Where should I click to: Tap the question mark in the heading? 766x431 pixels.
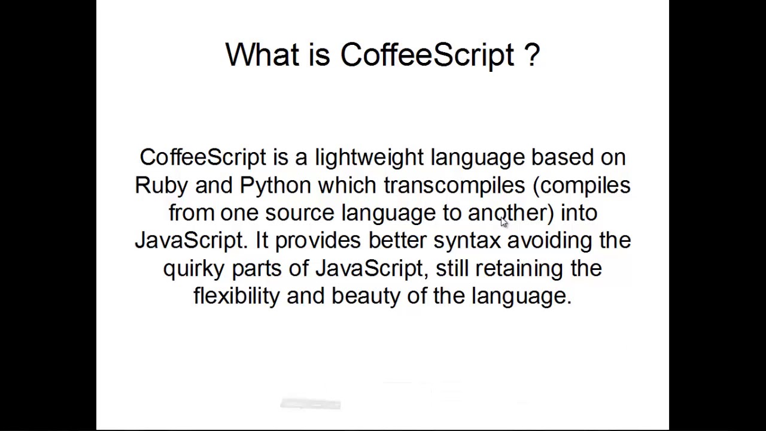(x=532, y=54)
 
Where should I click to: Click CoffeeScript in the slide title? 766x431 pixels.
(x=427, y=55)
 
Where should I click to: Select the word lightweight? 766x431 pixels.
(x=369, y=157)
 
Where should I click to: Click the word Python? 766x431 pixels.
(x=275, y=186)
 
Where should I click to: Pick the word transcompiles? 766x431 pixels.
(x=454, y=186)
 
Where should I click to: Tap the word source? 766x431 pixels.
(x=300, y=213)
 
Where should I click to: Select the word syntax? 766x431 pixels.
(x=467, y=241)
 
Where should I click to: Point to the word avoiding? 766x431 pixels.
(x=549, y=240)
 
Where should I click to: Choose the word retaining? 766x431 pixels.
(x=519, y=268)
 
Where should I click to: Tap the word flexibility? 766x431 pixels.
(x=236, y=296)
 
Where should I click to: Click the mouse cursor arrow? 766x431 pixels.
(x=503, y=221)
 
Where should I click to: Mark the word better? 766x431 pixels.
(x=397, y=240)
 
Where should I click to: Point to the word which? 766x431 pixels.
(x=347, y=185)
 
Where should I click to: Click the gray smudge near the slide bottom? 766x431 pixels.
(x=310, y=404)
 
